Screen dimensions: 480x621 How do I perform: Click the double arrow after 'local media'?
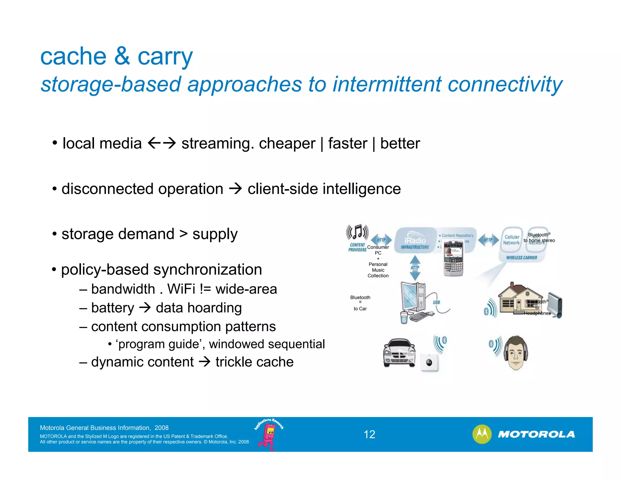(162, 143)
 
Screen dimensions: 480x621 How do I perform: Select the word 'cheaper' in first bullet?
(287, 143)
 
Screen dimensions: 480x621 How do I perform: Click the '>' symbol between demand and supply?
(183, 234)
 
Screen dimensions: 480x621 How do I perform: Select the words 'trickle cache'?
(254, 362)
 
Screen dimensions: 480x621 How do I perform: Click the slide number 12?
(369, 434)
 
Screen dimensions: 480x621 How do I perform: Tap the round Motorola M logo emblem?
(482, 434)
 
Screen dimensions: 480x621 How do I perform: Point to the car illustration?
(399, 353)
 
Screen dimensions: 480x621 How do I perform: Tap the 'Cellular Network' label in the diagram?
(512, 240)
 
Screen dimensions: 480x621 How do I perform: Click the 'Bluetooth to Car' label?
(360, 303)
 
